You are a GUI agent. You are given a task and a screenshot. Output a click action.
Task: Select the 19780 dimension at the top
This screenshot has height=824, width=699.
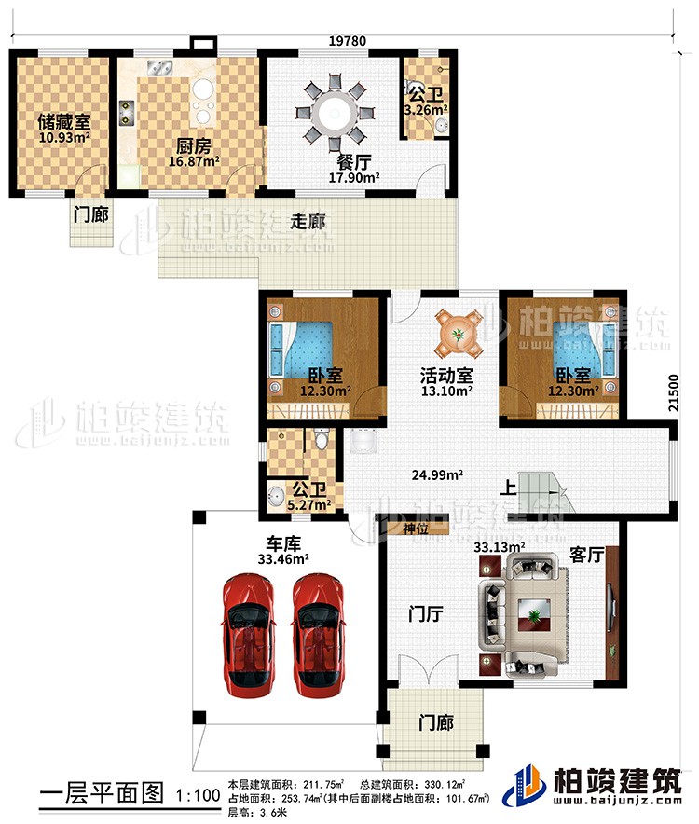click(346, 40)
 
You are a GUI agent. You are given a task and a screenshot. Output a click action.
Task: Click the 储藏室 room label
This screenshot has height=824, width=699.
click(38, 122)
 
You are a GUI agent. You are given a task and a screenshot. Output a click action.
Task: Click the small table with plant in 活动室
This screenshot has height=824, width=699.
click(458, 331)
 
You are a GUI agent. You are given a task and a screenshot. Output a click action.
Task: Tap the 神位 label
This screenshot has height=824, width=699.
click(416, 529)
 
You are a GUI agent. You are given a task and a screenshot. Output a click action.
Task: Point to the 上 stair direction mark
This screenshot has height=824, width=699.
click(507, 487)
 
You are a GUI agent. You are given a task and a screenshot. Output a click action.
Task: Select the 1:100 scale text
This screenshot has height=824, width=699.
click(198, 796)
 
